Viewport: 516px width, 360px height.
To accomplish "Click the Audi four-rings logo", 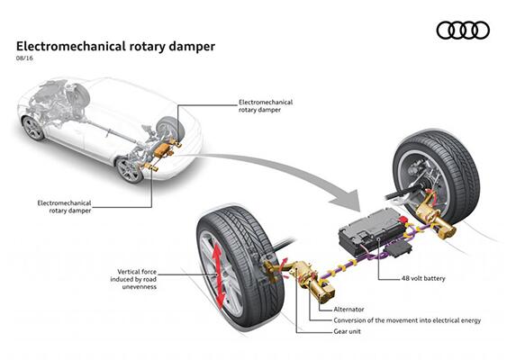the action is (463, 31).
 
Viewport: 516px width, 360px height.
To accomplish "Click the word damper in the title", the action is (192, 47).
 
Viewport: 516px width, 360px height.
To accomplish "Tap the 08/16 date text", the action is (24, 58).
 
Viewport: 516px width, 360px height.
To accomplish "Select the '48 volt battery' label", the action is (423, 278).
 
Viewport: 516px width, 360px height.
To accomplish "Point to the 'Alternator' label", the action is (349, 310).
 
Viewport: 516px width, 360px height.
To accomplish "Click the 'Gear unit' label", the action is (347, 331).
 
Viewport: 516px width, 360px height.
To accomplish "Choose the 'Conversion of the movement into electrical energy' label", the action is (407, 320).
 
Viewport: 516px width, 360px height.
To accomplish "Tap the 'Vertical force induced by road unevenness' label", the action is (133, 279).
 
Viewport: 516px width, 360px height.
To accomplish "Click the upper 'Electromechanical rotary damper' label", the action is (266, 106).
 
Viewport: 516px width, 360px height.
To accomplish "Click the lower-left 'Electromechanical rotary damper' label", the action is (64, 207).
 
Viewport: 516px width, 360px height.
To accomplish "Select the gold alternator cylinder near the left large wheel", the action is (321, 290).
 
